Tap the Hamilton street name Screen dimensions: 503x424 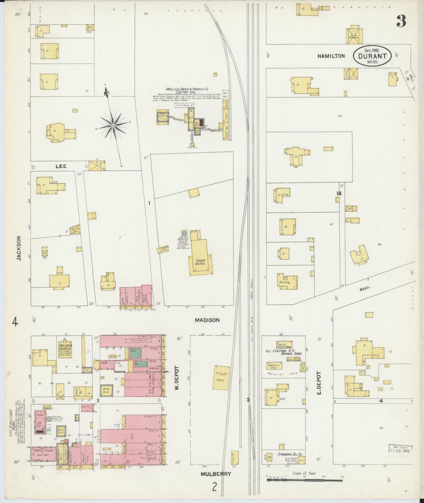coord(331,56)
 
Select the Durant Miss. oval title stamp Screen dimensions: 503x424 coord(372,56)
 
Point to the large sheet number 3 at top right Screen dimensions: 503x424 coord(401,21)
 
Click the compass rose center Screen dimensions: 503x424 coord(113,126)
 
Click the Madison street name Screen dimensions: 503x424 coord(207,320)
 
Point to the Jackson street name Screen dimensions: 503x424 coord(19,248)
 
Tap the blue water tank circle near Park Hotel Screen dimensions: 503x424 coord(184,233)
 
